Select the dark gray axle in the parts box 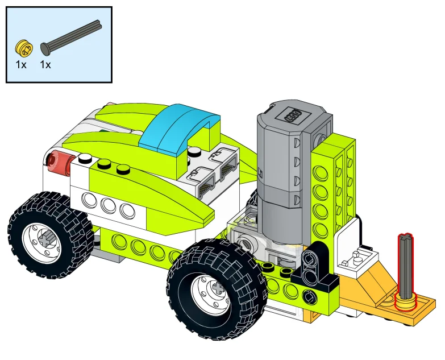click(71, 37)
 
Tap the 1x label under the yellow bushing click(21, 65)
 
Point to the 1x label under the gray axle click(45, 65)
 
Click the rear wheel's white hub click(43, 241)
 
